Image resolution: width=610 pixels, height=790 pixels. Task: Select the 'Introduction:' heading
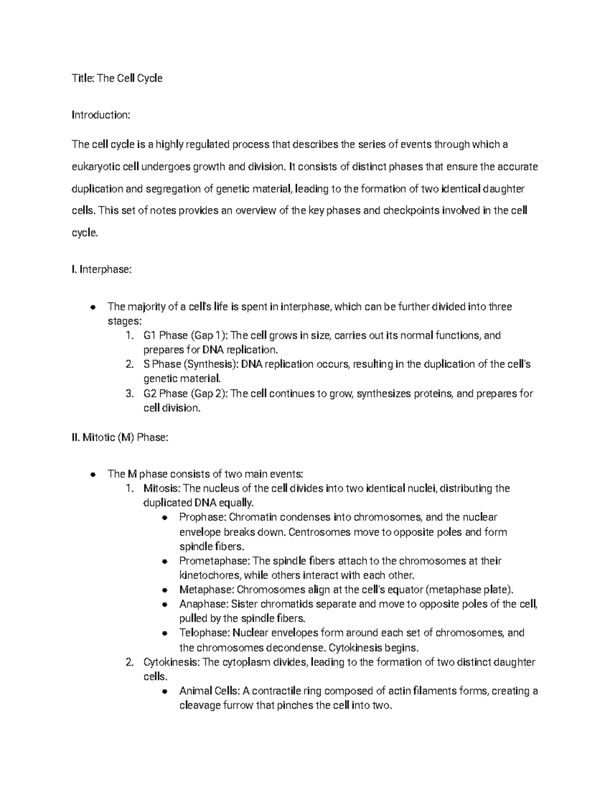(x=101, y=115)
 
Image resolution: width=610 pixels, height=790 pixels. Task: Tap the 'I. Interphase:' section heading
(x=102, y=270)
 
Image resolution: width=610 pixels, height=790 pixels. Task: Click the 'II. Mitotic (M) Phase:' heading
(x=120, y=437)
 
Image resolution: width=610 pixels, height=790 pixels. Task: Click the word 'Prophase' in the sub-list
(x=201, y=517)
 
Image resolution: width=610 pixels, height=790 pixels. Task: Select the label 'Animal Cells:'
(x=209, y=691)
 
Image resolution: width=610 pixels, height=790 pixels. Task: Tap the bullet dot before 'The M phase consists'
(x=93, y=475)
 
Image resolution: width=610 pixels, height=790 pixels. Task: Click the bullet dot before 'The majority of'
(x=93, y=307)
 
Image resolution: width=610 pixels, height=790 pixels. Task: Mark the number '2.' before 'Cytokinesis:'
(x=130, y=662)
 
